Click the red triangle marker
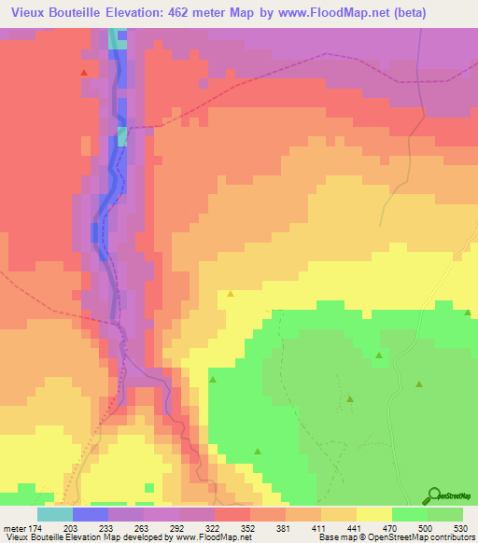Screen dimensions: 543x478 (x=84, y=72)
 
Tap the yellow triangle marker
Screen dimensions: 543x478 (x=231, y=295)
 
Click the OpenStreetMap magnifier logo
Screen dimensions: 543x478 (x=432, y=495)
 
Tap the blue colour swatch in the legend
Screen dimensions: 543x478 (x=91, y=513)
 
